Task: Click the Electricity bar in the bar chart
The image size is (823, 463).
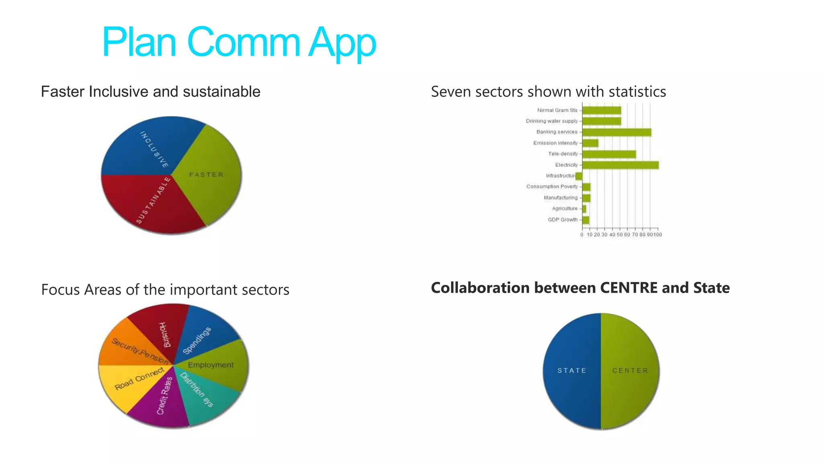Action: [620, 165]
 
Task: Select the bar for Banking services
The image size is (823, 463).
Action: [616, 132]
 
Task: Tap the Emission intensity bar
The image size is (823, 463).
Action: [590, 143]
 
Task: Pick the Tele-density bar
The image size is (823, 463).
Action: [609, 154]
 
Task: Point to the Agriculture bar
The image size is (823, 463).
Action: [584, 209]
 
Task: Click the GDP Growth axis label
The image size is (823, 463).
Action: [563, 219]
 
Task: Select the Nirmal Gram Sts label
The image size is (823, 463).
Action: [557, 110]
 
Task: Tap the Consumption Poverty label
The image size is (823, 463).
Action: [552, 186]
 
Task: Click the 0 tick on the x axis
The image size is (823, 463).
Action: [582, 235]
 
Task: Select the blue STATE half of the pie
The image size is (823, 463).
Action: [571, 371]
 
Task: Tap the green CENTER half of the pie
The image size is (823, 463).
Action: [630, 371]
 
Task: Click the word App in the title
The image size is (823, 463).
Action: [342, 42]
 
